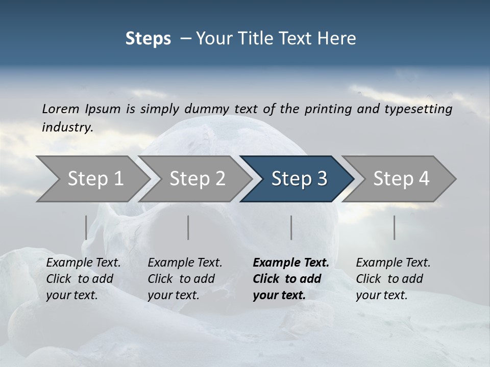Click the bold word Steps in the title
[x=148, y=39]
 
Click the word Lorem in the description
[x=60, y=109]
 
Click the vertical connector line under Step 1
[x=86, y=227]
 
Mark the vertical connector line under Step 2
[x=188, y=227]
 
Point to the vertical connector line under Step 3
[x=291, y=227]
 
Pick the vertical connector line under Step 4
[x=395, y=227]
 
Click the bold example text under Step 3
[x=290, y=279]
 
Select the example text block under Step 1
[x=83, y=279]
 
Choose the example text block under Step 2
[x=185, y=279]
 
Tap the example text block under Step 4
[x=393, y=279]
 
